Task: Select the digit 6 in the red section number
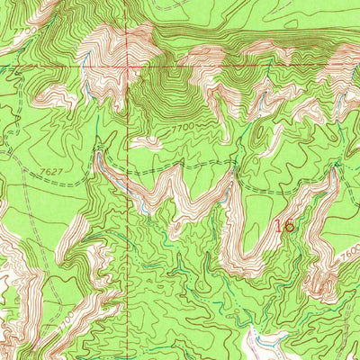(x=289, y=226)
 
